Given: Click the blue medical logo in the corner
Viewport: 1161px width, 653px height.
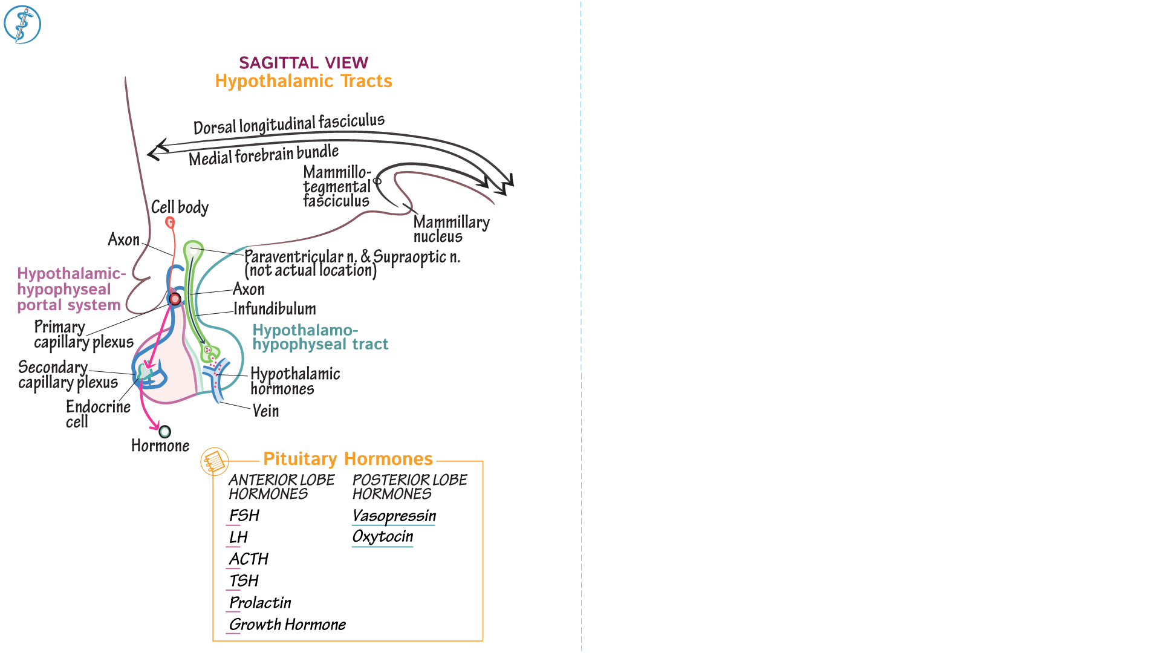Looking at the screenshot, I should (22, 25).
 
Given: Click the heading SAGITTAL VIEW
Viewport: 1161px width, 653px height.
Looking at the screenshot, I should (304, 63).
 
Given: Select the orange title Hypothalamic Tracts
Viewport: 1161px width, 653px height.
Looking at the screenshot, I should (304, 81).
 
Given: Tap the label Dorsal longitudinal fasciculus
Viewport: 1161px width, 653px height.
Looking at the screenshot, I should (288, 124).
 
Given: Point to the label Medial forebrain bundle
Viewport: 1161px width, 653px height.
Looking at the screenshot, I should (264, 155).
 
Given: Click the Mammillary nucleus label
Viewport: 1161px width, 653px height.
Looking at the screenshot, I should (451, 229).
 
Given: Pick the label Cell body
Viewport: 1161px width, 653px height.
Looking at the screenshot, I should (180, 207).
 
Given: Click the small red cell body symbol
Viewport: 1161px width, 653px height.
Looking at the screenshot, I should (171, 223).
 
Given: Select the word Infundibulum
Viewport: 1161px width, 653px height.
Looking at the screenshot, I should (275, 309).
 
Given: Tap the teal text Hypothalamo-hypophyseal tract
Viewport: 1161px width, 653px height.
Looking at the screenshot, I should (320, 337).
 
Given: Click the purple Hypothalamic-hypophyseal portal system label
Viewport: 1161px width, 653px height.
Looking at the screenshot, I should (71, 289).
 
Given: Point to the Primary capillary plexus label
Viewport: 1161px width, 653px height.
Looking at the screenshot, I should (83, 334).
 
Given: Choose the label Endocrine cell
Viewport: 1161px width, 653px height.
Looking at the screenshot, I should (97, 414).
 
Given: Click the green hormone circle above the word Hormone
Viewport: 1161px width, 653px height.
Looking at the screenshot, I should (165, 432).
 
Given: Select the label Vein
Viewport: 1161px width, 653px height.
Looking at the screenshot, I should (265, 411).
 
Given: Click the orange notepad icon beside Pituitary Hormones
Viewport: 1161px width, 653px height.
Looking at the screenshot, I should (215, 462).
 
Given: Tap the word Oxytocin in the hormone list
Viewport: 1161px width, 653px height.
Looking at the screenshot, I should (382, 536).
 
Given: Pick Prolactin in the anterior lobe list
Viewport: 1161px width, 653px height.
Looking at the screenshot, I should (260, 603).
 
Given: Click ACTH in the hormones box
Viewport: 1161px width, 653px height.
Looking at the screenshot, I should (249, 559).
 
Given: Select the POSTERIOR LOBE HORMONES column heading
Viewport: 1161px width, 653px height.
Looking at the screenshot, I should (409, 487).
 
